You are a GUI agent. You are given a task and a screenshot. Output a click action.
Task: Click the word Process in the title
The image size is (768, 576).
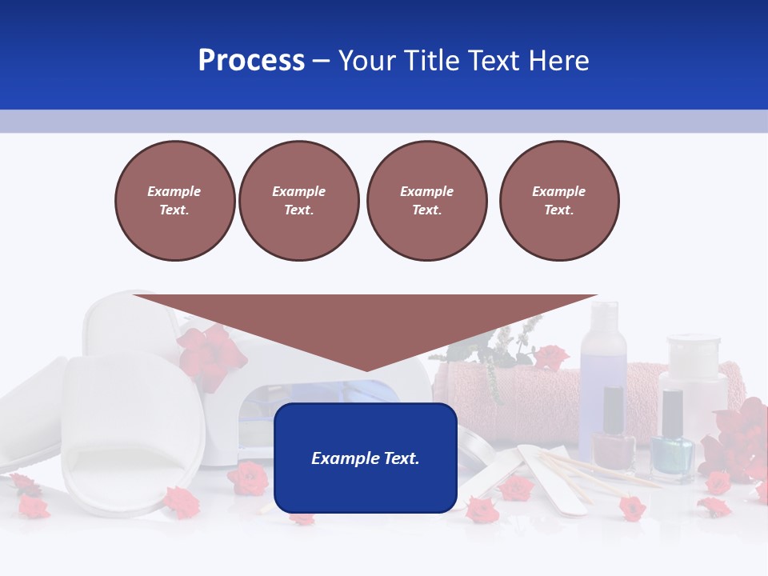point(251,61)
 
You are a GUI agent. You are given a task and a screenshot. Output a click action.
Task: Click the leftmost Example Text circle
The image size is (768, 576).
point(174,201)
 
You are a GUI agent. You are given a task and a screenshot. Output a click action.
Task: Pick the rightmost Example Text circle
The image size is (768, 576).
point(559,201)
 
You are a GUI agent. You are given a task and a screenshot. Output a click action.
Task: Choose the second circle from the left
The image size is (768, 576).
point(298,201)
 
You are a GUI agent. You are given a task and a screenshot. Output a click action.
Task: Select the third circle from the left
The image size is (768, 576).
point(426,201)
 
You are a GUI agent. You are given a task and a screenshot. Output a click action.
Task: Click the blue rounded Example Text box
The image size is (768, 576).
point(366,458)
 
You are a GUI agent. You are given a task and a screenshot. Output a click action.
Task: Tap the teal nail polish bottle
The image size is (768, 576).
point(672,452)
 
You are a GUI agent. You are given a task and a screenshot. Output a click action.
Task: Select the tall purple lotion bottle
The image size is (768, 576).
point(602,352)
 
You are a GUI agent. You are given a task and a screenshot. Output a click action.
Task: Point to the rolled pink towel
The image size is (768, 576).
point(512,392)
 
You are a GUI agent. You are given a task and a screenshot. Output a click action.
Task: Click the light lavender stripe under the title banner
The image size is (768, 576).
point(384,121)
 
